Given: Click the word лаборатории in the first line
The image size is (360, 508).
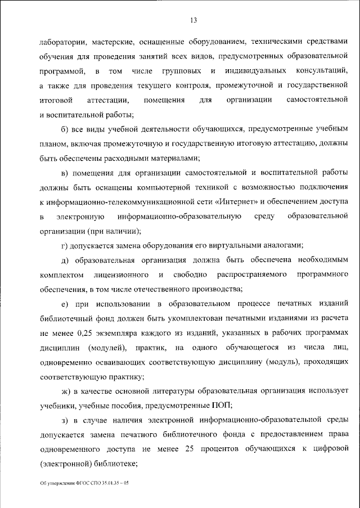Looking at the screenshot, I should click(x=62, y=42).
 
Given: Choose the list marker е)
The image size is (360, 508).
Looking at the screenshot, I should click(x=65, y=304).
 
